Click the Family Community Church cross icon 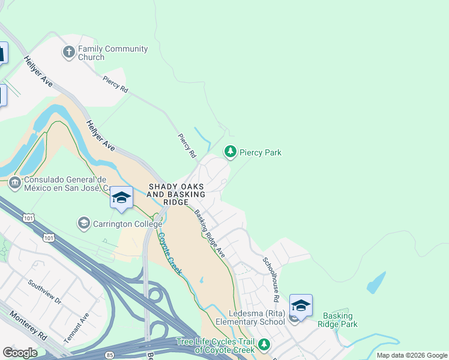(x=69, y=53)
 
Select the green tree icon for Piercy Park (x=230, y=152)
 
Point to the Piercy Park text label (x=261, y=152)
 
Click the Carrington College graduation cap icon (x=84, y=224)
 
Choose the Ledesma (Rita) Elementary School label (x=257, y=317)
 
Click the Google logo (x=20, y=353)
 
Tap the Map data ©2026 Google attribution (x=411, y=355)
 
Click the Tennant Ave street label (x=78, y=326)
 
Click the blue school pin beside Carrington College (x=121, y=198)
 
